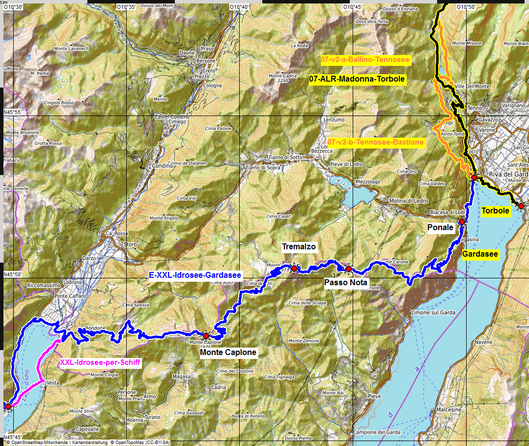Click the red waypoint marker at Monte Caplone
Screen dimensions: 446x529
[206, 336]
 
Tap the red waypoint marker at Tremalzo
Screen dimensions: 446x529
[294, 268]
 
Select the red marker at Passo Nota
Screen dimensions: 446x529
[349, 269]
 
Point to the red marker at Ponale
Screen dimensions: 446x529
[462, 222]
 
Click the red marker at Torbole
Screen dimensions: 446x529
[521, 206]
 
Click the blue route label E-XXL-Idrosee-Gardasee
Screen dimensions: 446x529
[195, 275]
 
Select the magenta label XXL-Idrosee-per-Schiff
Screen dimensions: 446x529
[100, 363]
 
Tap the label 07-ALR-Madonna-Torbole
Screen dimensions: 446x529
[357, 79]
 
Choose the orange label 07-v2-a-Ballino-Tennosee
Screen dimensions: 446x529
[365, 59]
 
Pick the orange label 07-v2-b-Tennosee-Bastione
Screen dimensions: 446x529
[375, 142]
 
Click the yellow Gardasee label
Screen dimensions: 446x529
[480, 254]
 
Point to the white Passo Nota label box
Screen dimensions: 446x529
[346, 283]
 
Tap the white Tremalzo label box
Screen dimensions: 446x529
[299, 247]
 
